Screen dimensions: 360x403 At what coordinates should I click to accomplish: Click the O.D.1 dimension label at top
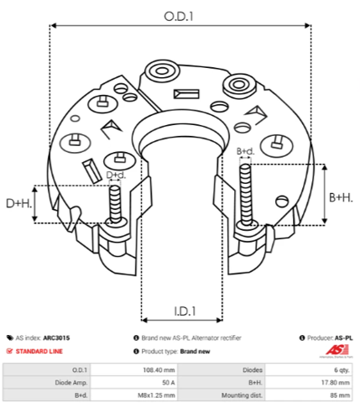[179, 17]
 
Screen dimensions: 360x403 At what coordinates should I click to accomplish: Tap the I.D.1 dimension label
[185, 311]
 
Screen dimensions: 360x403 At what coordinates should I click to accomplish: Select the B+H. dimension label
[341, 197]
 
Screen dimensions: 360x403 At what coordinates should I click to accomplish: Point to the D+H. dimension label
[18, 203]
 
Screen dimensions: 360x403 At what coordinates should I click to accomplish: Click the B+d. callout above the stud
[246, 151]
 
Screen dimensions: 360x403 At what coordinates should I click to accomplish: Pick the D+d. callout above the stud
[116, 175]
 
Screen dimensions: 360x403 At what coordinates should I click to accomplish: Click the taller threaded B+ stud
[246, 196]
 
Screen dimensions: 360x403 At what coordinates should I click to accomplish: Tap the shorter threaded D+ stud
[115, 204]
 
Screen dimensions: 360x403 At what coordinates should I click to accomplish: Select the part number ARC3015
[56, 338]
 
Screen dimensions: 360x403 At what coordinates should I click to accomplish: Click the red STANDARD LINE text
[39, 351]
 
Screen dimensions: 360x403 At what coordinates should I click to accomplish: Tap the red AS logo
[337, 350]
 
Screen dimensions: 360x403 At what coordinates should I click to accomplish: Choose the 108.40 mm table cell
[159, 370]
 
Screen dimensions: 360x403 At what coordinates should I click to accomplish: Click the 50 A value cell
[169, 383]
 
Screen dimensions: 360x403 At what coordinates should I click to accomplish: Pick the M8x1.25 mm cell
[156, 395]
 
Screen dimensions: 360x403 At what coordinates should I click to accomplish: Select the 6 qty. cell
[342, 370]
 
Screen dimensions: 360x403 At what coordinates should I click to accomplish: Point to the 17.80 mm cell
[336, 383]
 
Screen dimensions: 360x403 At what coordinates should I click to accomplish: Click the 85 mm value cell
[340, 395]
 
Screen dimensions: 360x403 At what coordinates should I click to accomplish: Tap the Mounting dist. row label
[242, 395]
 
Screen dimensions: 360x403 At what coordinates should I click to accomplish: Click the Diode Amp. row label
[71, 383]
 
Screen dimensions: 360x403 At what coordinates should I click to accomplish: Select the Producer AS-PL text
[330, 338]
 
